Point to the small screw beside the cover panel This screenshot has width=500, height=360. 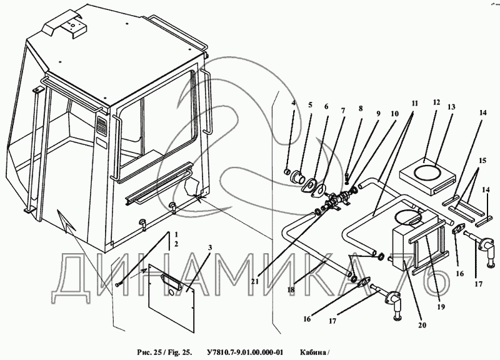coord(118,284)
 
